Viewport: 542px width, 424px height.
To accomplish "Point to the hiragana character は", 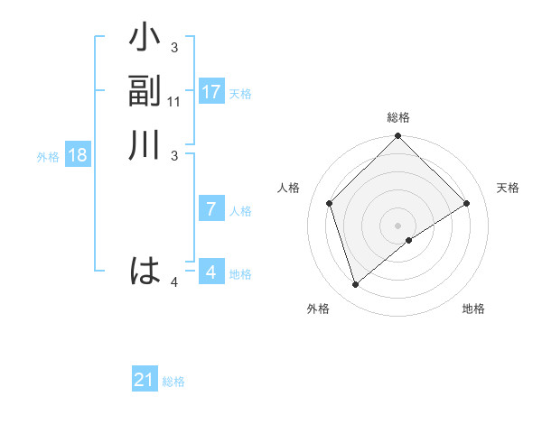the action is tap(145, 271).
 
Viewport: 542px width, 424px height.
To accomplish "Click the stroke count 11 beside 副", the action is tap(175, 103).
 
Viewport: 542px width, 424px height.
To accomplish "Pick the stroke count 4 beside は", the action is tap(174, 283).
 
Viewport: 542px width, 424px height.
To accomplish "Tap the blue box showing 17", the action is tap(211, 92).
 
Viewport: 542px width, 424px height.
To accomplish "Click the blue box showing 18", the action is tap(78, 155).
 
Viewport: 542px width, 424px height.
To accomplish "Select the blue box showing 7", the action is tap(211, 209).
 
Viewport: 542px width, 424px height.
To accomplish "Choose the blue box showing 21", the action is tap(145, 380).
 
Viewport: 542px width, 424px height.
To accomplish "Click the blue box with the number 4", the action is tap(211, 272).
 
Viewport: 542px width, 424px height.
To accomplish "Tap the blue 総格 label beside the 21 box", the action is tap(173, 382).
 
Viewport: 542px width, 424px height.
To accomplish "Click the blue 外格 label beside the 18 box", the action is tap(48, 157).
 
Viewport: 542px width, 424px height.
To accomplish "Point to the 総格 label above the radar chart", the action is tap(398, 117).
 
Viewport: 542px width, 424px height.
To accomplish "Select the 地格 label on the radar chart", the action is tap(473, 309).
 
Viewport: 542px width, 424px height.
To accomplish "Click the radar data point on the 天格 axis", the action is tap(467, 203).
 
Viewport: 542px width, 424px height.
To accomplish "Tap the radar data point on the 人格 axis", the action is tap(330, 203).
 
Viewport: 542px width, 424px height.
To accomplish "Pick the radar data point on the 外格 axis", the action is tap(356, 285).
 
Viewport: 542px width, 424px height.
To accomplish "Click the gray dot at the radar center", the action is tap(398, 225).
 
